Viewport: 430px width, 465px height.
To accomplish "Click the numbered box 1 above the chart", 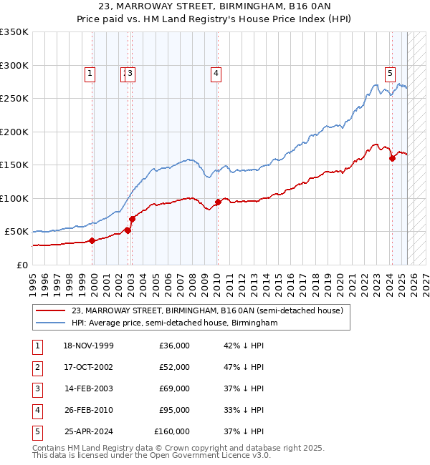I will click(x=90, y=72).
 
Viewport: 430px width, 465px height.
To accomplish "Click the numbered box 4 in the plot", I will click(x=216, y=72).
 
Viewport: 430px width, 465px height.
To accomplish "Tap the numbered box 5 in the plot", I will click(x=390, y=72).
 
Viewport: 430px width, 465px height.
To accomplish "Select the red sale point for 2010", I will click(x=218, y=202).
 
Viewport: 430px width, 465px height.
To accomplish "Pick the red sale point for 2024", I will click(x=392, y=159).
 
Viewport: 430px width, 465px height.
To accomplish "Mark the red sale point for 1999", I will click(x=92, y=241).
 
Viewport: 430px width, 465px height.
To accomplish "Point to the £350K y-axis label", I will click(x=14, y=32).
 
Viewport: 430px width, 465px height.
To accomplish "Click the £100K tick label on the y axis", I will click(x=14, y=198).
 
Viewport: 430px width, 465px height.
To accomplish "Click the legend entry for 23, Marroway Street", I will click(x=208, y=310).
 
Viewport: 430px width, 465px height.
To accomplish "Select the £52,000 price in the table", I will click(x=174, y=367).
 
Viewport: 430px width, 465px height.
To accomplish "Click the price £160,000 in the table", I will click(x=172, y=431).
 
